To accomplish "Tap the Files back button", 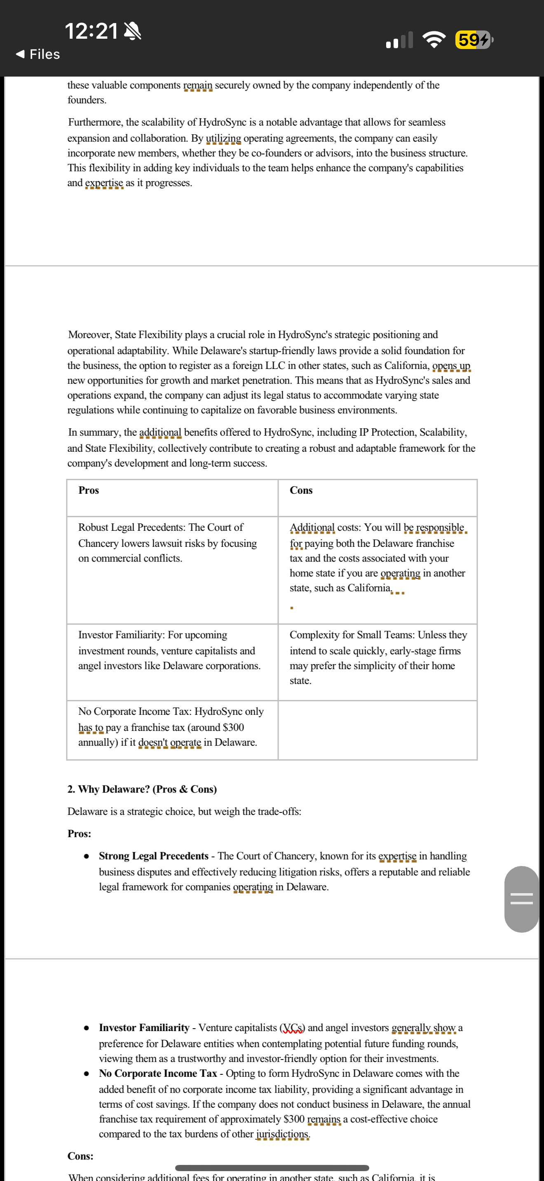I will click(38, 54).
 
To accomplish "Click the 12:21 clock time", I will click(91, 31).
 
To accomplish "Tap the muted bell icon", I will click(133, 32).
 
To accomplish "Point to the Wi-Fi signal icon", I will click(434, 40).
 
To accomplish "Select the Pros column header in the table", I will click(89, 490).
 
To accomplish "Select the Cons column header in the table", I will click(301, 490).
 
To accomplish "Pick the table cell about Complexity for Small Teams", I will click(378, 658).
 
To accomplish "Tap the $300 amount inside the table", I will click(233, 727).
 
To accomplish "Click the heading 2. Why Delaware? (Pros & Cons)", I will click(142, 789).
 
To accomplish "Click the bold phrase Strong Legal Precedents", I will click(154, 856).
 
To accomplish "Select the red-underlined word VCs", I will click(292, 1028).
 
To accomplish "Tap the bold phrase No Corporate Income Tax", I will click(158, 1073).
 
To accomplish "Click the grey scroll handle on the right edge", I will click(521, 899).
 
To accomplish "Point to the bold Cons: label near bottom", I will click(80, 1156).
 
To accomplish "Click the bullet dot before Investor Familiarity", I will click(86, 1028).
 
